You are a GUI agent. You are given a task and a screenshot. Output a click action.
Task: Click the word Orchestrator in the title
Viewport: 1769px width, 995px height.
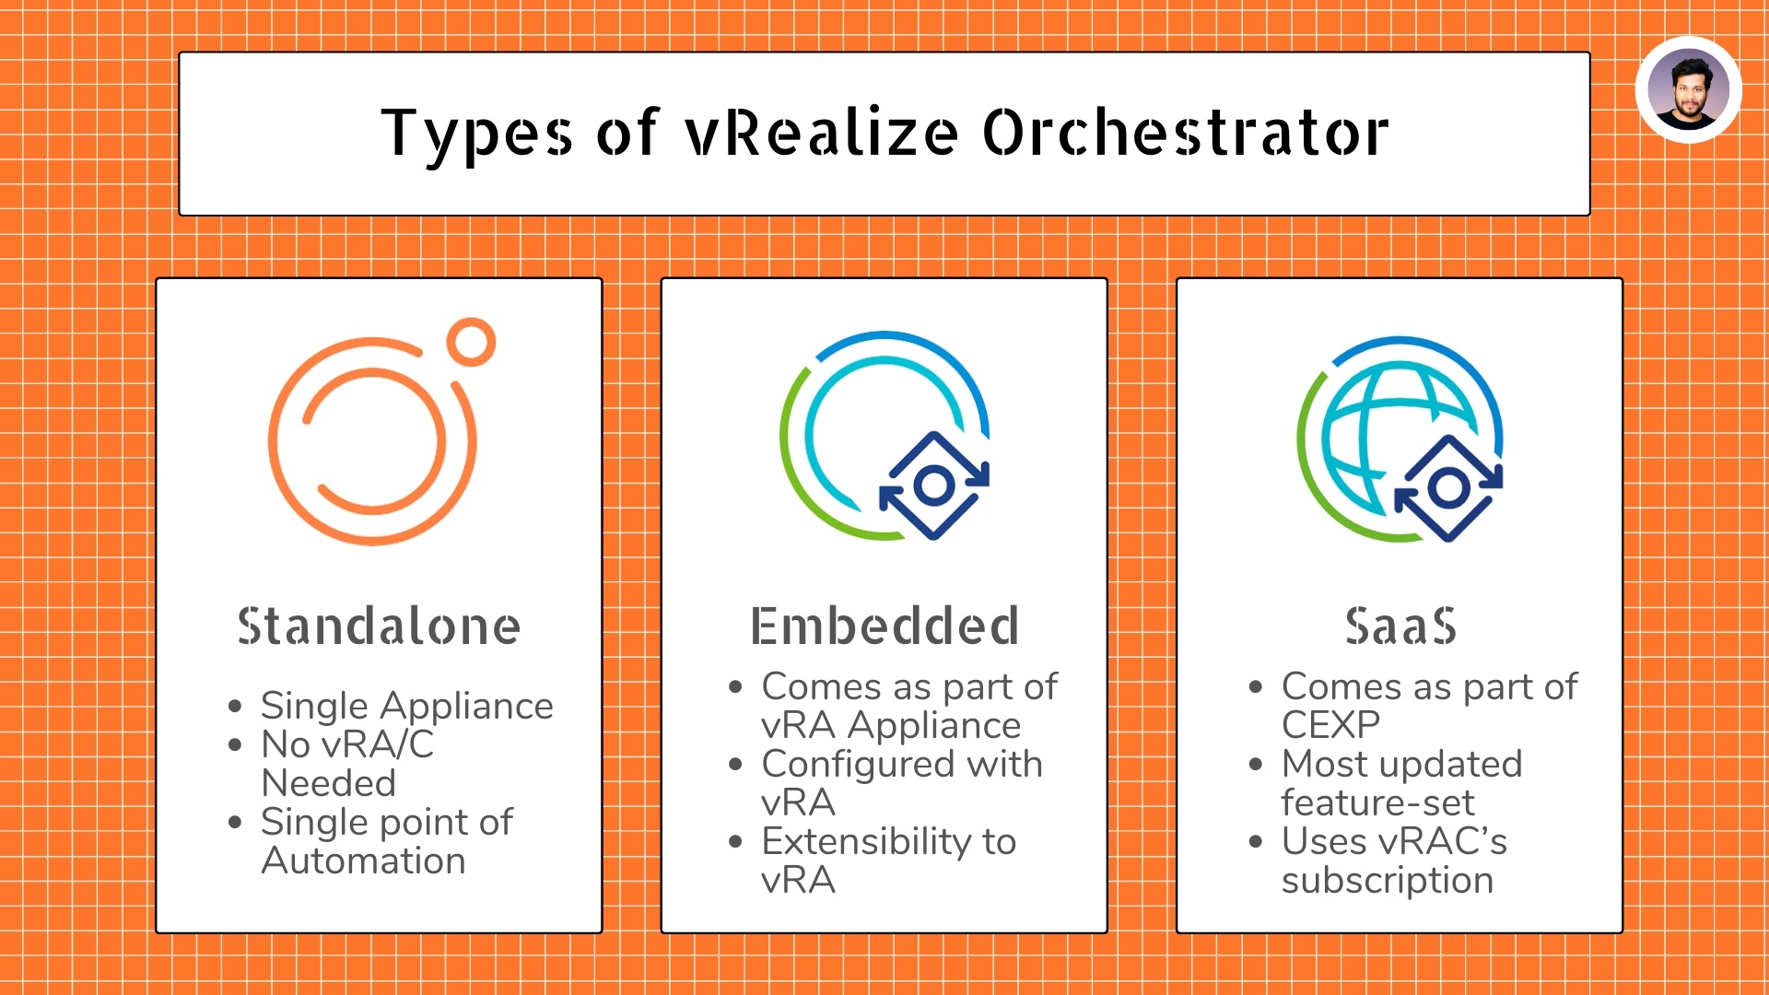[x=1186, y=133]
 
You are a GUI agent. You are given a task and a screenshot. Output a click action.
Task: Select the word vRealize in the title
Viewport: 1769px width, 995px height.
[x=822, y=133]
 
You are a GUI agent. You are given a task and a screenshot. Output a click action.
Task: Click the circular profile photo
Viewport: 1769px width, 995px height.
[x=1688, y=90]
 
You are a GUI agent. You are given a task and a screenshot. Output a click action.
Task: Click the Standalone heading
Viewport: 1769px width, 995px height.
[x=379, y=626]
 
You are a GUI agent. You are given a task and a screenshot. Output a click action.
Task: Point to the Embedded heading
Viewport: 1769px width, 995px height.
[x=884, y=626]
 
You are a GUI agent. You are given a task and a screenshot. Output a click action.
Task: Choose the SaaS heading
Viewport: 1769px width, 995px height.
[x=1400, y=626]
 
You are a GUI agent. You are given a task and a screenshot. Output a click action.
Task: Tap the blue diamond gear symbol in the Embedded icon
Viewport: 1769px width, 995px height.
[x=933, y=485]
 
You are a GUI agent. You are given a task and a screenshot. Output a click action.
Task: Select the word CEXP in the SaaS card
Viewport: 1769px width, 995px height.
[x=1330, y=726]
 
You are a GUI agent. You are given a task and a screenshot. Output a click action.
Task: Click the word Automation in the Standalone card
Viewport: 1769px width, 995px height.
[x=363, y=861]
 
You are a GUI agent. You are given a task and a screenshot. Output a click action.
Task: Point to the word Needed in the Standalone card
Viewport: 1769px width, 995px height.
[x=328, y=784]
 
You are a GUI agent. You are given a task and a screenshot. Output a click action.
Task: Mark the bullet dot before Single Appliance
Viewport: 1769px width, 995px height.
[x=235, y=707]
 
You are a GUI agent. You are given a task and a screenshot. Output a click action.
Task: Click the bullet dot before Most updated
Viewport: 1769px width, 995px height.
[x=1255, y=764]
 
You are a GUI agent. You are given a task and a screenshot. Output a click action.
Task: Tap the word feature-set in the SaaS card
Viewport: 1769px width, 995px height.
[x=1377, y=803]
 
